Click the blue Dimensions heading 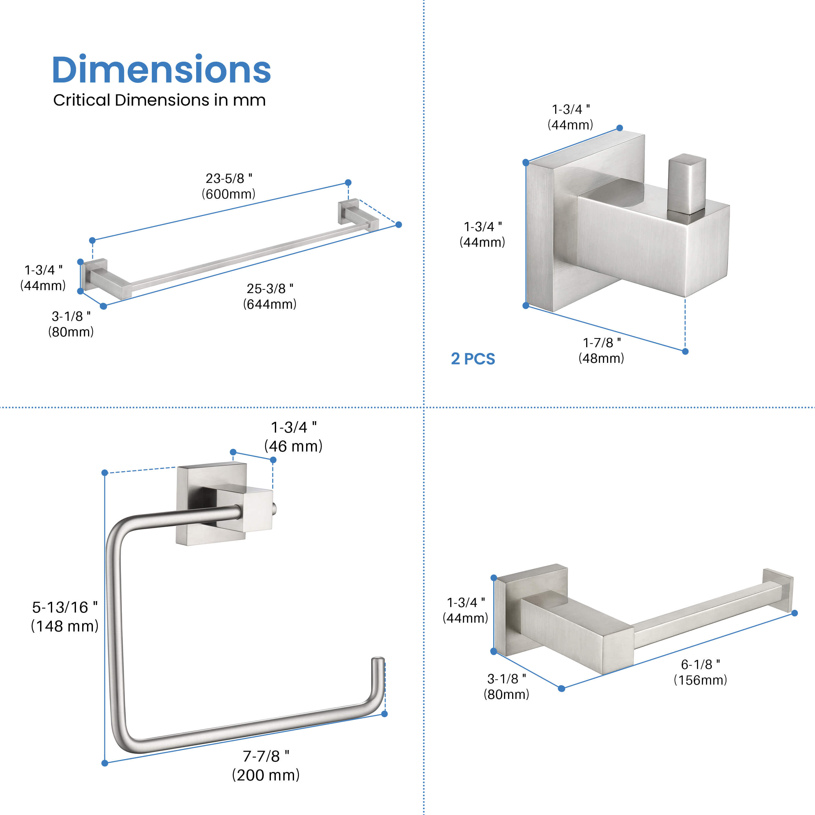pos(161,70)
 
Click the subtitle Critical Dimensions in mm pos(159,100)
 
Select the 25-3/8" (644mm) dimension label pos(270,296)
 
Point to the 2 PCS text pos(472,359)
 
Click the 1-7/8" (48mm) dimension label pos(601,350)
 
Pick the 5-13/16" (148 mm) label pos(65,616)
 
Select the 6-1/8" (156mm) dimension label pos(700,672)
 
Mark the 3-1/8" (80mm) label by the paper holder pos(506,686)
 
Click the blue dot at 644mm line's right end pos(399,224)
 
